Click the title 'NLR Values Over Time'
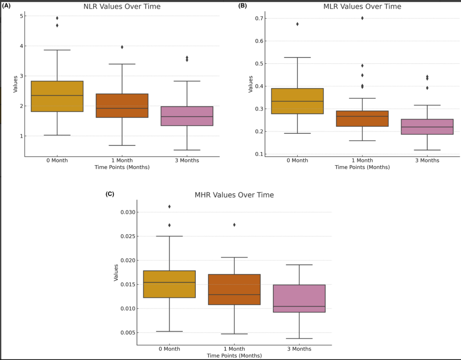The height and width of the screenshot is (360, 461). point(122,7)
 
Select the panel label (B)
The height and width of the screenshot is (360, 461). point(242,6)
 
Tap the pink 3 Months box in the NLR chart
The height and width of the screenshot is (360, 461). point(187,116)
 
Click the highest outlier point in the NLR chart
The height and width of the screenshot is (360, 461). point(57,18)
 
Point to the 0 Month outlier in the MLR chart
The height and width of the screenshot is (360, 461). point(298,24)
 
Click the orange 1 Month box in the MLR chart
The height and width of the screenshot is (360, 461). point(362,119)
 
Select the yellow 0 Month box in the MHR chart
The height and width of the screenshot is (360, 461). point(170,284)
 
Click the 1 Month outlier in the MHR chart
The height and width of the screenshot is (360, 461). point(234,225)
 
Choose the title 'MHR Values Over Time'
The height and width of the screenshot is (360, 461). point(234,195)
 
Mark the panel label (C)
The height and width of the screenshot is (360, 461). point(110,194)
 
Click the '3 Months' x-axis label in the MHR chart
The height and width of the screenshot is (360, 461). point(299,349)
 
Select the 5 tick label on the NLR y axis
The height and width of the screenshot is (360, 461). point(21,16)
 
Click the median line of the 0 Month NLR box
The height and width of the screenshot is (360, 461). point(57,96)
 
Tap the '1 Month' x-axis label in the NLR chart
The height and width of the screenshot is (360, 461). point(122,160)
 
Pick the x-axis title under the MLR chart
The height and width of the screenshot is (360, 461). point(362,167)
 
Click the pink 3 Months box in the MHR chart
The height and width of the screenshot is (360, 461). point(299,299)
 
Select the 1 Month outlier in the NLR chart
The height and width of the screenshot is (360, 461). point(122,47)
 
